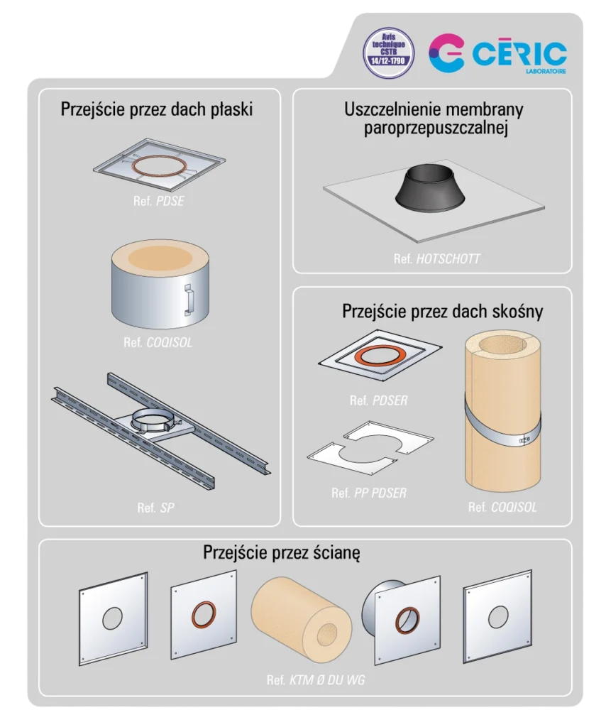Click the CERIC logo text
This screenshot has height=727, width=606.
pos(519,54)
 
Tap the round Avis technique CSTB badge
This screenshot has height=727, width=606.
pos(388,53)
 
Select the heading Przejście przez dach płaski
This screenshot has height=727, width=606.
pos(157,109)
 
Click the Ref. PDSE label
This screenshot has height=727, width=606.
pos(158,201)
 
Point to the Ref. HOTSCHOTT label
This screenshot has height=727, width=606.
pos(437,258)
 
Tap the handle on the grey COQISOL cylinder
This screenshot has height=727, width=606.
pos(189,300)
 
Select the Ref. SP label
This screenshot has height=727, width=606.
pos(155,508)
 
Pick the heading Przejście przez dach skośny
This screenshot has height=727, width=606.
pos(443,311)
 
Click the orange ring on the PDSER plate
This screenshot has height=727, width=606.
pos(380,356)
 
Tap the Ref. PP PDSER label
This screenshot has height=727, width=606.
pos(369,493)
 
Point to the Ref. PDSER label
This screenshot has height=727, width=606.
pos(378,400)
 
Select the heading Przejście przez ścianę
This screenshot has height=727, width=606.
pos(281,552)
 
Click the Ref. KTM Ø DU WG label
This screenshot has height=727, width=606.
pos(316,679)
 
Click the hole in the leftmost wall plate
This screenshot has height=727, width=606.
pos(113,618)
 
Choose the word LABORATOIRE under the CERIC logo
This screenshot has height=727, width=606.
pos(546,72)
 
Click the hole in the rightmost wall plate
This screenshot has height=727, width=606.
pos(498,617)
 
